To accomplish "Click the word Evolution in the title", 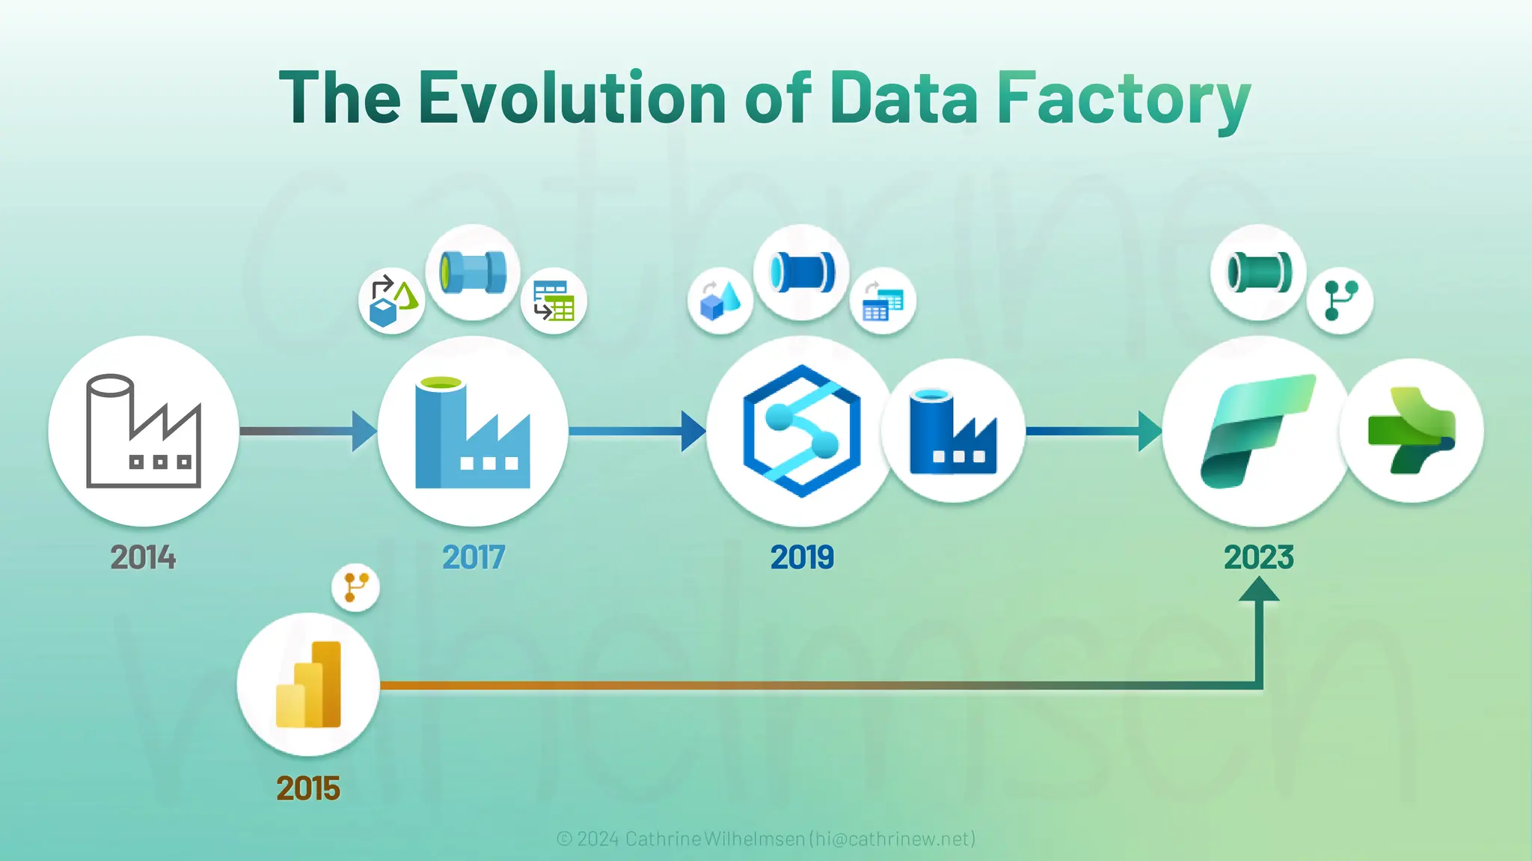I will click(572, 97).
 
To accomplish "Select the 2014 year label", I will click(143, 557).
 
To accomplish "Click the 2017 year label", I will click(474, 557).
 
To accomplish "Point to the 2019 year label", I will click(802, 557).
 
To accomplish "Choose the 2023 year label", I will click(1259, 557).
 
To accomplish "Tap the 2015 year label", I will click(308, 788).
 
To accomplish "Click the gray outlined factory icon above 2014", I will click(144, 431).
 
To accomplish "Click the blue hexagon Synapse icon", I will click(802, 431).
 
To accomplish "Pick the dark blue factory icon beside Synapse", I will click(953, 432).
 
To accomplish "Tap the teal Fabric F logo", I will click(1257, 431).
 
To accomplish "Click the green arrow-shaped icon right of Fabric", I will click(1411, 431).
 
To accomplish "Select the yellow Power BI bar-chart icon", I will click(308, 684).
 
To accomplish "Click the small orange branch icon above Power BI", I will click(355, 587).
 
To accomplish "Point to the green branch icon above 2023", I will click(1340, 300).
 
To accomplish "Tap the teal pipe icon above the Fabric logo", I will click(1259, 272).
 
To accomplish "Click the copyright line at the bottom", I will click(766, 839).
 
